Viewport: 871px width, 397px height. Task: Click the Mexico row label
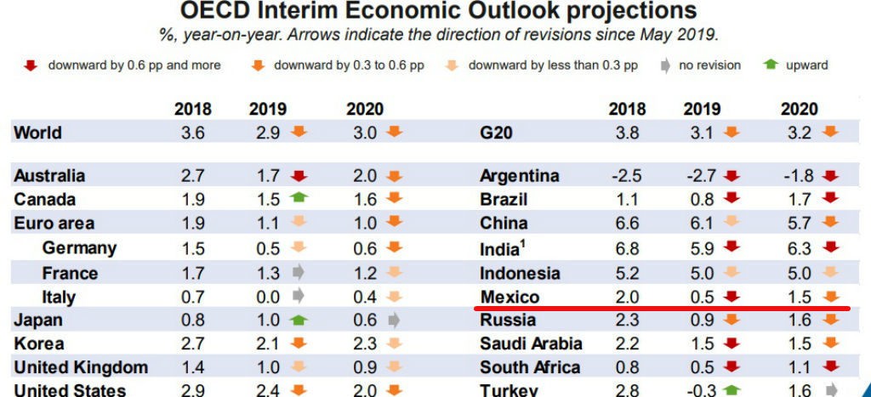pos(510,297)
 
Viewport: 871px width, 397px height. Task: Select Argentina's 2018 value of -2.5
pos(625,176)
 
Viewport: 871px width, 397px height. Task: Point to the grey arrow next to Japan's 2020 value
pos(394,320)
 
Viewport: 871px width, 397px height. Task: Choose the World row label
pos(38,133)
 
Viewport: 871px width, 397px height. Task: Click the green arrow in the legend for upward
pos(771,65)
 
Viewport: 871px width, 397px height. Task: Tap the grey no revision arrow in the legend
pos(664,65)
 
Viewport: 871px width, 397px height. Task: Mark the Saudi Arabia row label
pos(531,343)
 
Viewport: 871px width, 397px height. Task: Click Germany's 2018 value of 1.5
pos(193,248)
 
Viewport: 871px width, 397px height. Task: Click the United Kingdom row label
pos(81,368)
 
